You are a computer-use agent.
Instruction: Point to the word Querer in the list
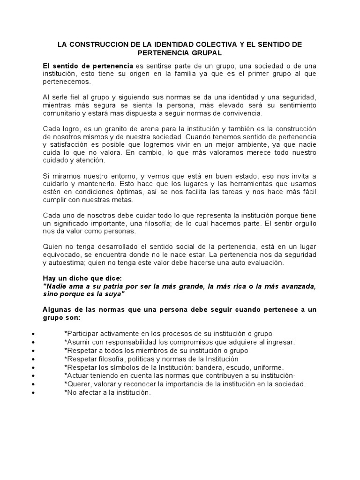coord(78,384)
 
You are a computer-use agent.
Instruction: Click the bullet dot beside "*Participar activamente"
coord(33,334)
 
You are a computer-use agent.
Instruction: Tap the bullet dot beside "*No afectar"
coord(33,393)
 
